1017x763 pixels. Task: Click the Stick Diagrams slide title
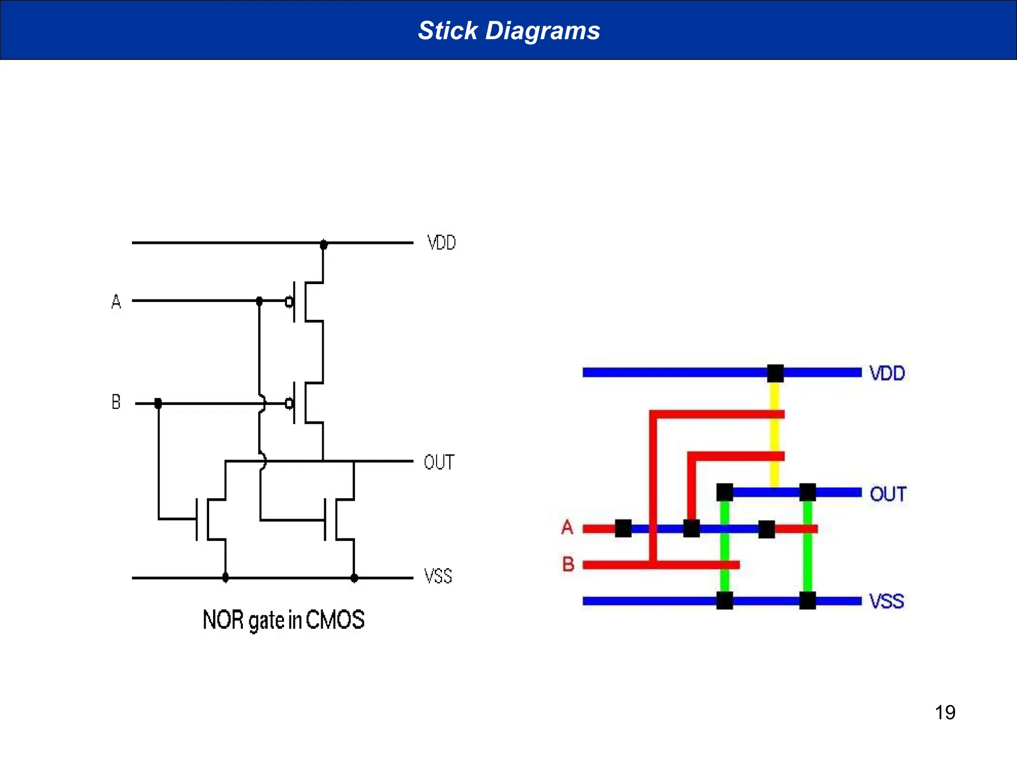509,30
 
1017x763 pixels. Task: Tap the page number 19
944,712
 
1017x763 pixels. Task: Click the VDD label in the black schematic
441,243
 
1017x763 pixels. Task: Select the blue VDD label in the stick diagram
887,373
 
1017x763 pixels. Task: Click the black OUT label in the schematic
439,462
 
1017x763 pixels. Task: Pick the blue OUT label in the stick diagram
888,494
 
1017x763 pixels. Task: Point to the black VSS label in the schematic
438,576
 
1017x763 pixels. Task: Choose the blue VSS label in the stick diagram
886,601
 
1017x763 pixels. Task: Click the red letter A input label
567,527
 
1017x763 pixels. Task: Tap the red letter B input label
568,564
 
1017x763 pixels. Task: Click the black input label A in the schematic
116,302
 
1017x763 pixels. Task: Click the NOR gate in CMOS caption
284,620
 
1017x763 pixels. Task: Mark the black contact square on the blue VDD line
775,373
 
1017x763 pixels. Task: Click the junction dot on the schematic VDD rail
323,244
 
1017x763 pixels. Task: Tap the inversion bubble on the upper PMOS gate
289,302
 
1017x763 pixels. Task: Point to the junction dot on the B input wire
158,403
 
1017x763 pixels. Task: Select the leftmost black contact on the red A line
623,529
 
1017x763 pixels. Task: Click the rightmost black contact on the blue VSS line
807,601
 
